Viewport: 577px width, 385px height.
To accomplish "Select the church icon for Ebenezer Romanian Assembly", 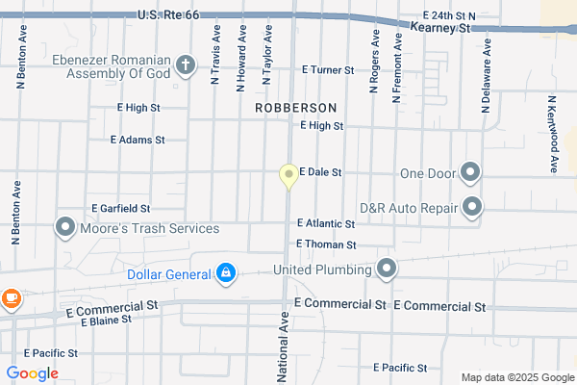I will tap(186, 66).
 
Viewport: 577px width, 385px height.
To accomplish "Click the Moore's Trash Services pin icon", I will tap(64, 228).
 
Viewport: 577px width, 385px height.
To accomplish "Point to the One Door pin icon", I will tap(470, 173).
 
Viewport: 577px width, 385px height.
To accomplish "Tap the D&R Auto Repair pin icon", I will tap(472, 207).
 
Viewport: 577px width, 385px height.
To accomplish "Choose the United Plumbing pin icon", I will tap(387, 269).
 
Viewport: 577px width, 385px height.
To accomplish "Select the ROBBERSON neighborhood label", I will tap(295, 109).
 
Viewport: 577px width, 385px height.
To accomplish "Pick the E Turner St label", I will tap(328, 70).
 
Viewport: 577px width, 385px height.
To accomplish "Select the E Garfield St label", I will tap(121, 208).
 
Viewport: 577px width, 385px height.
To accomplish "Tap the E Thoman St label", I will tap(326, 245).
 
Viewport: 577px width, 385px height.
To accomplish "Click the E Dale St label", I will tap(321, 172).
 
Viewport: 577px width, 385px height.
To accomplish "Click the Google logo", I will tap(32, 373).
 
